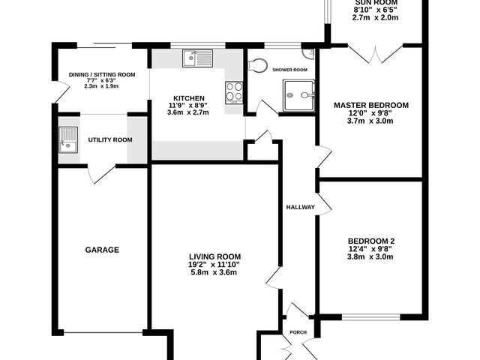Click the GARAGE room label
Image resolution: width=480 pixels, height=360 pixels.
click(102, 250)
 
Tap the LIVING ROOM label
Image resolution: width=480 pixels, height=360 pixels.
click(214, 256)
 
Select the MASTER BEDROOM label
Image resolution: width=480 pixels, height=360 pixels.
click(370, 105)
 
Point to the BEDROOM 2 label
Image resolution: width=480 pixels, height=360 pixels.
click(370, 241)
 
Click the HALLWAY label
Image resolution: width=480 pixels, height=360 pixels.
click(300, 207)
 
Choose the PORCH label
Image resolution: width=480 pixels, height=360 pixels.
click(298, 331)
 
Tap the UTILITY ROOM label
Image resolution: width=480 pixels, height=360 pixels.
click(110, 140)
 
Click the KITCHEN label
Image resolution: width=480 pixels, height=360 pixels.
click(188, 98)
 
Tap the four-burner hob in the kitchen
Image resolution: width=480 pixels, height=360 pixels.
click(234, 91)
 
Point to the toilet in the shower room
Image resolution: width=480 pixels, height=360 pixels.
click(257, 65)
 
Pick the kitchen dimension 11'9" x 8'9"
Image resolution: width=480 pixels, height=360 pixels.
click(188, 105)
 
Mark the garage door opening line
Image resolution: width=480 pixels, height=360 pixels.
click(103, 332)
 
